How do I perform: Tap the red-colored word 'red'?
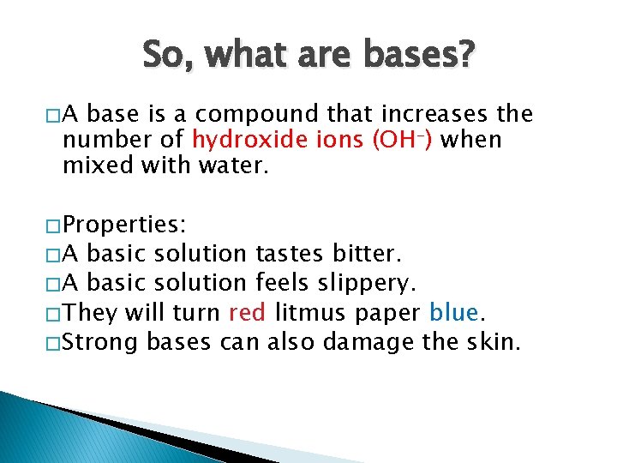[x=248, y=313]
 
